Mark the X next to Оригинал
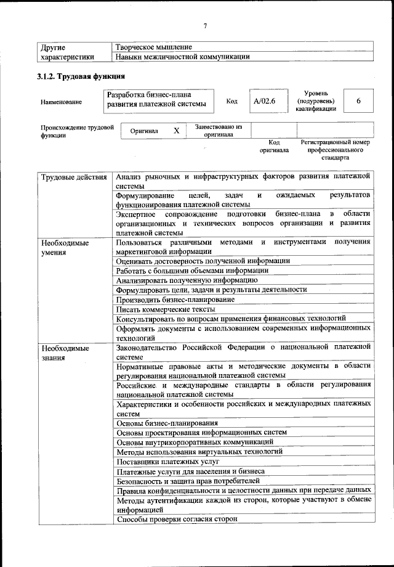pyautogui.click(x=176, y=131)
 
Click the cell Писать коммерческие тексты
pyautogui.click(x=166, y=309)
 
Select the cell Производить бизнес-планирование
pyautogui.click(x=175, y=299)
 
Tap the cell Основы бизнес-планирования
pyautogui.click(x=167, y=423)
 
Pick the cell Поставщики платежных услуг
pyautogui.click(x=168, y=461)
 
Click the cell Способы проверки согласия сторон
pyautogui.click(x=177, y=519)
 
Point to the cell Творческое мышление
pyautogui.click(x=154, y=47)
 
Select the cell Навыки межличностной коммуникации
pyautogui.click(x=183, y=57)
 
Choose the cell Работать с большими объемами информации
pyautogui.click(x=192, y=270)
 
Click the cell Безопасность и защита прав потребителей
pyautogui.click(x=188, y=480)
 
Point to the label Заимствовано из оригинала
pyautogui.click(x=219, y=131)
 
